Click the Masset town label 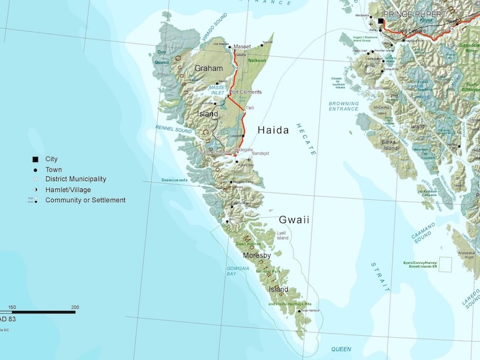(242, 46)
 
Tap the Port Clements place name (245, 92)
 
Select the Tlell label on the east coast (250, 108)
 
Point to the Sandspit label (260, 154)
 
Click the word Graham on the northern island (208, 69)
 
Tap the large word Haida (273, 130)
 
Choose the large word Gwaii (294, 220)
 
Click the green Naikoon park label (257, 61)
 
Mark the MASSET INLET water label (218, 89)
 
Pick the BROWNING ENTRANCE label (344, 106)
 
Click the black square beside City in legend (36, 159)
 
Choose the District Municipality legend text (76, 179)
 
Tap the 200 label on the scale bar (75, 307)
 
